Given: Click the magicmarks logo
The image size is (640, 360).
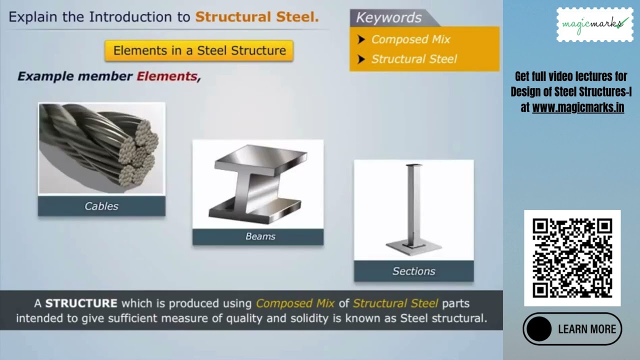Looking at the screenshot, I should click(x=594, y=24).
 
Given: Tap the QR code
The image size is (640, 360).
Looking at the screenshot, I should click(x=572, y=258).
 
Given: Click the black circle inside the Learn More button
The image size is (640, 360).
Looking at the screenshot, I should click(x=539, y=329).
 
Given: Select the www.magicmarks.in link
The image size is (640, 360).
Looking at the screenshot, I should click(x=578, y=107).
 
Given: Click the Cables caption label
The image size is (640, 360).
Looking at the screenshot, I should click(x=101, y=206).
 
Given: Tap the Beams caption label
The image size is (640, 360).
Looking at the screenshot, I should click(x=260, y=236).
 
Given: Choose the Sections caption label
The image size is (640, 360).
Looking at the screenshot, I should click(x=413, y=271).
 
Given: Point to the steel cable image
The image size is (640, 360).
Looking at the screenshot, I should click(x=101, y=148).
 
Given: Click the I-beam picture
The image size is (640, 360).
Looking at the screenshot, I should click(x=258, y=183).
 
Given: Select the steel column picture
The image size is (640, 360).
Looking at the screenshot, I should click(x=413, y=209).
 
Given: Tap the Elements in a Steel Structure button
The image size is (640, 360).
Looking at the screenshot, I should click(x=199, y=50).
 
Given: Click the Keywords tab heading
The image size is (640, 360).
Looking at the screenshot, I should click(x=389, y=18).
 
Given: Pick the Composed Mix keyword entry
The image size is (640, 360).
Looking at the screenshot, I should click(x=410, y=39).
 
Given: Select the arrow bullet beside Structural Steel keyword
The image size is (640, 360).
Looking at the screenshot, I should click(x=361, y=59).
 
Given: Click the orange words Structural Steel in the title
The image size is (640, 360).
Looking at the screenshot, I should click(x=256, y=17).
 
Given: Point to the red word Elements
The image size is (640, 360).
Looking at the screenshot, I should click(x=167, y=76).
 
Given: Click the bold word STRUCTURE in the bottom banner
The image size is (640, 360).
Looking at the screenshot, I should click(x=81, y=303).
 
